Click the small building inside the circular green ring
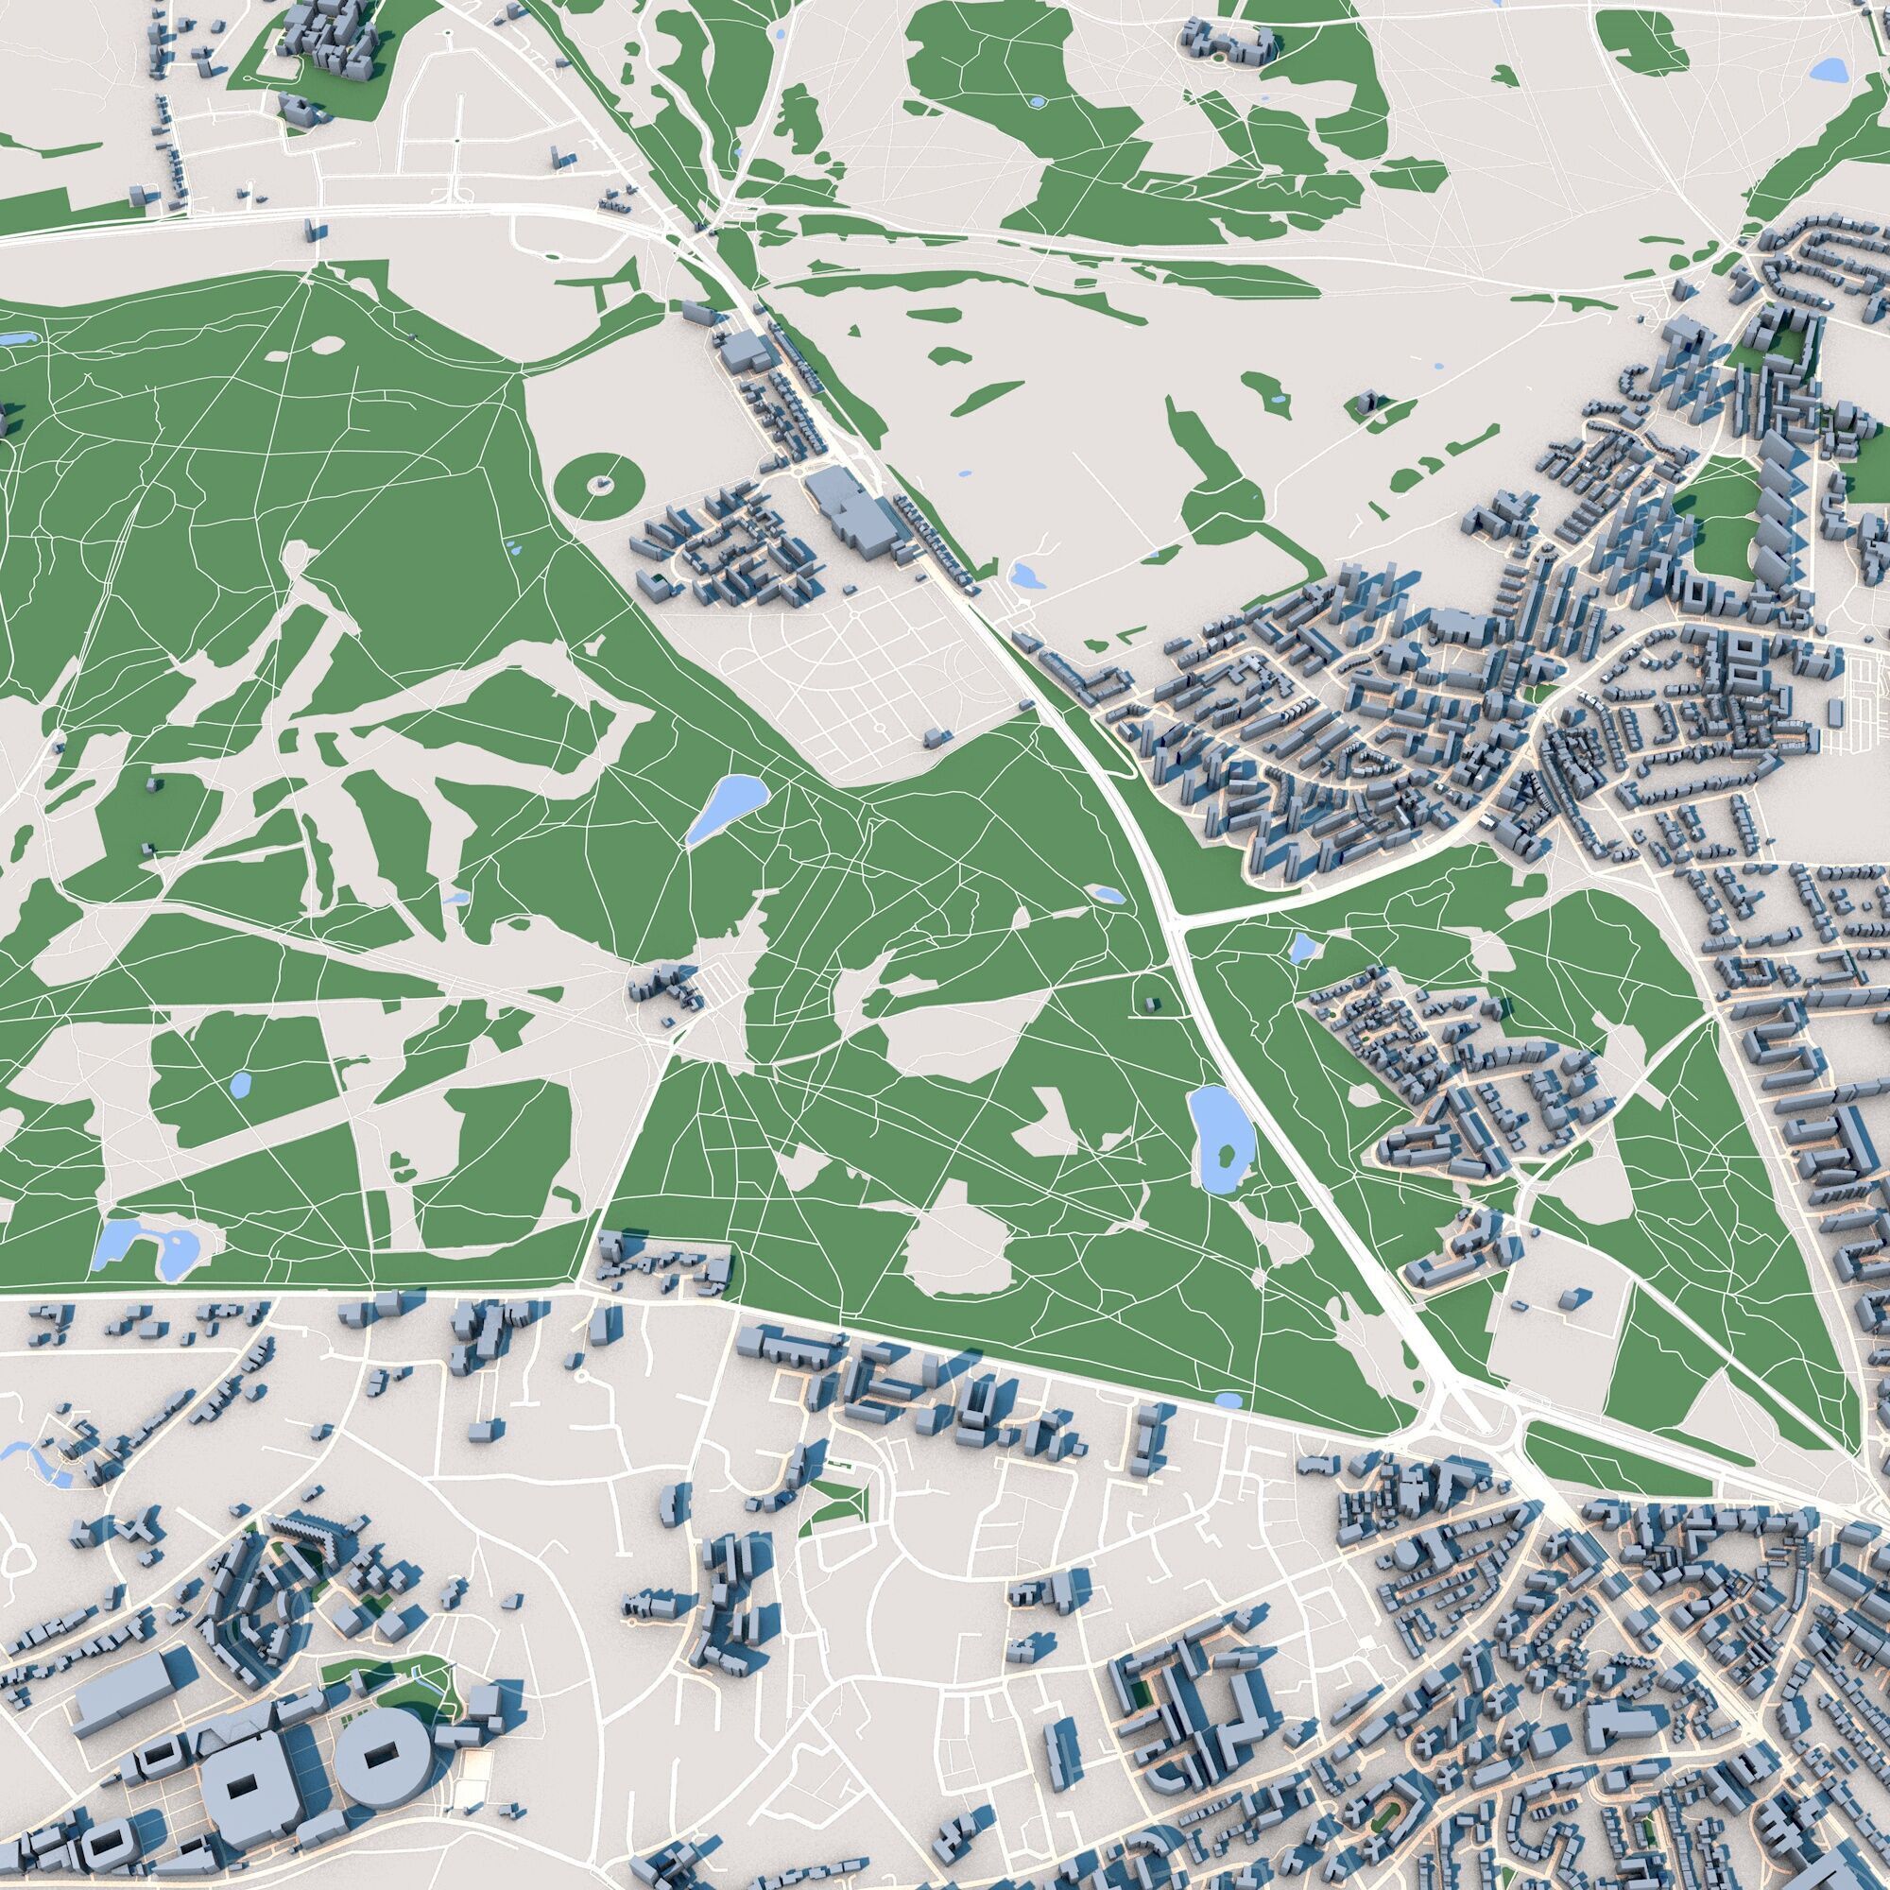click(605, 482)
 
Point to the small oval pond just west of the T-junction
click(1108, 893)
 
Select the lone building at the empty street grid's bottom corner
click(937, 735)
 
